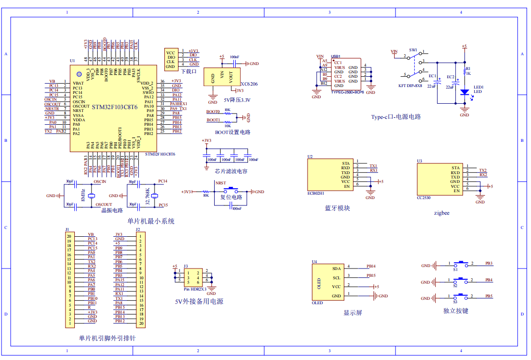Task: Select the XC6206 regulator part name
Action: click(x=249, y=84)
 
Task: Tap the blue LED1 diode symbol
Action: click(x=464, y=91)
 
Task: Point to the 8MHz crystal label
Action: click(x=83, y=194)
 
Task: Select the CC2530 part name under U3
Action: click(x=423, y=198)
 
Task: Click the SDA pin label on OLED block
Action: click(x=336, y=269)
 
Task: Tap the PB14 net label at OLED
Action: click(x=371, y=266)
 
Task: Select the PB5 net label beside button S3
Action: click(x=488, y=296)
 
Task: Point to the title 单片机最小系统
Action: click(x=151, y=221)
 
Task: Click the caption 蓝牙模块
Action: click(x=337, y=208)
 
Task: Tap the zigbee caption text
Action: click(x=442, y=213)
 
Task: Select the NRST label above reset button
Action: click(x=221, y=182)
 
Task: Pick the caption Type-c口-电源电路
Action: click(x=396, y=117)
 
